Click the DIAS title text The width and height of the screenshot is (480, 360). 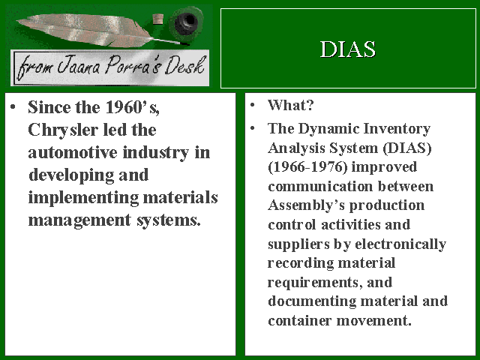[348, 49]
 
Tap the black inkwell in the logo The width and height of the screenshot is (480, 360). [186, 22]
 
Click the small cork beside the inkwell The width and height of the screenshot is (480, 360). [157, 19]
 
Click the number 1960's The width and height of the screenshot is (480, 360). [132, 107]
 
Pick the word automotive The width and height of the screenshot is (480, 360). [73, 152]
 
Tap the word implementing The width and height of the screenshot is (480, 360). [83, 198]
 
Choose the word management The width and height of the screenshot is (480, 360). [79, 220]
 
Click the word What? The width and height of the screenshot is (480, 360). [291, 105]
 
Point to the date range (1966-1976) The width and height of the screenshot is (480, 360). [307, 167]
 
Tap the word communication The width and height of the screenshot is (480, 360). [320, 187]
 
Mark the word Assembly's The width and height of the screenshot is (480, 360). [306, 205]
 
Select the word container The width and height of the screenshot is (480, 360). [300, 320]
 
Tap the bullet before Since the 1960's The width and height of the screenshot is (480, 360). [13, 106]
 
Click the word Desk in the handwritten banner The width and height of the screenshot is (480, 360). [184, 65]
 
